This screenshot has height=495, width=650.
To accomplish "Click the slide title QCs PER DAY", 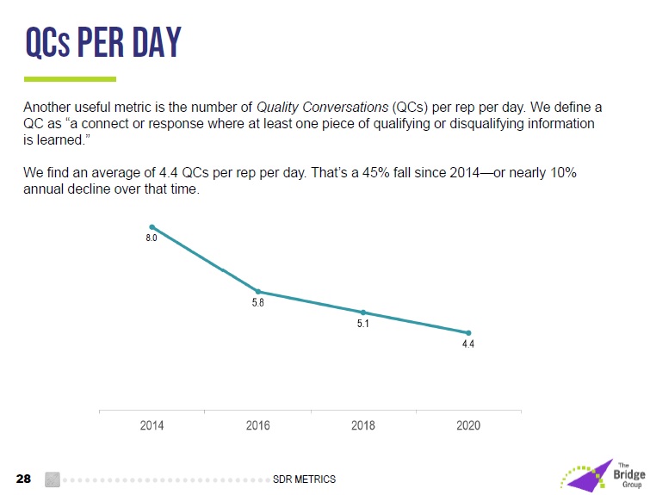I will point(102,43).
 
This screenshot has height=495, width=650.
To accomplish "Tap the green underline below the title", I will point(70,79).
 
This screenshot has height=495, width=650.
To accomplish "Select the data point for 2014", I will point(152,227).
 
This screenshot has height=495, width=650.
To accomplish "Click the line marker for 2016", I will point(258,292).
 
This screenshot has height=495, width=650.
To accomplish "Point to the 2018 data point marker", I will point(363,312).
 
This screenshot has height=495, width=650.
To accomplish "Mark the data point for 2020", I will point(468,333).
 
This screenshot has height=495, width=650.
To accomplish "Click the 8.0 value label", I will point(151,238).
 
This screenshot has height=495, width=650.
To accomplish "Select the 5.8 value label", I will point(257,303).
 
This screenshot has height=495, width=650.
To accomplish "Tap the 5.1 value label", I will point(363,324).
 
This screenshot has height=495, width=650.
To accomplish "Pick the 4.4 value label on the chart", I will point(468,344).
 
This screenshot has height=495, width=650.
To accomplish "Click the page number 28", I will point(24,479).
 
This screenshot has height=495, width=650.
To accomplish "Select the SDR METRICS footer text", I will point(304,479).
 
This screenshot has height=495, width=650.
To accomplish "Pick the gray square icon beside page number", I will point(52,479).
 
